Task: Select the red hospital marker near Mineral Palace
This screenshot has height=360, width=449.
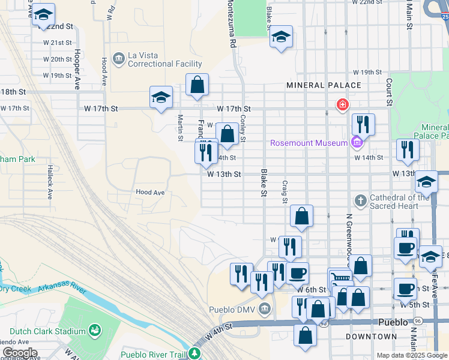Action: click(x=342, y=106)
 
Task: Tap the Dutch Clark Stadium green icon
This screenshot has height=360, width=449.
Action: click(x=94, y=331)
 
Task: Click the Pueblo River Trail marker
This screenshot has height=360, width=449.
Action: click(x=194, y=354)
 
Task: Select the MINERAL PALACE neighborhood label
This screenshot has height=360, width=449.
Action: click(x=324, y=85)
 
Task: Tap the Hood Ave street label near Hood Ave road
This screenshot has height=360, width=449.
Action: click(x=150, y=193)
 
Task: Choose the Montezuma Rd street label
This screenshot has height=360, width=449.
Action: click(x=229, y=24)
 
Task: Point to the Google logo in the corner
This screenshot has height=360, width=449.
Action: click(x=19, y=353)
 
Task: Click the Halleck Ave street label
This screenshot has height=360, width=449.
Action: click(x=49, y=182)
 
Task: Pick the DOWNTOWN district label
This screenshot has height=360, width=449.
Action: click(x=371, y=337)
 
